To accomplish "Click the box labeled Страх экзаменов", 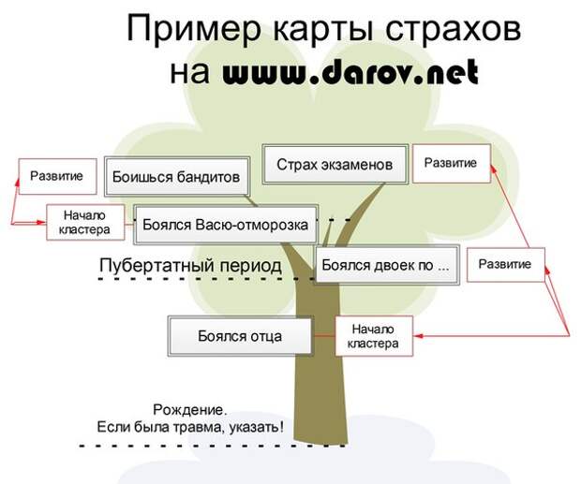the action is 335,164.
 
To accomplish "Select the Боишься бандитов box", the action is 177,177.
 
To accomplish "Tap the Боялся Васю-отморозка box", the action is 226,225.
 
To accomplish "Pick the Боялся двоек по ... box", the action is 387,265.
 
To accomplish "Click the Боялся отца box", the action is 240,336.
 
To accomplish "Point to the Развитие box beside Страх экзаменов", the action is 452,163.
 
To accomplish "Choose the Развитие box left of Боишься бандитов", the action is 57,177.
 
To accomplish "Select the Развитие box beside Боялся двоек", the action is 506,265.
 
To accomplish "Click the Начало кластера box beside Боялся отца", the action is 374,336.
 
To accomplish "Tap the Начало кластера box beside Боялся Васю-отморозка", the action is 85,223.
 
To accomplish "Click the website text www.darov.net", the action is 350,72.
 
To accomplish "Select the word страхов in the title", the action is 453,29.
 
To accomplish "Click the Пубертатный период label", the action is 190,265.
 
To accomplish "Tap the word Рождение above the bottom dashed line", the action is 189,410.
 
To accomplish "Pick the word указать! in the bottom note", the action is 257,428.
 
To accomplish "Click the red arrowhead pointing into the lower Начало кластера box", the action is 418,336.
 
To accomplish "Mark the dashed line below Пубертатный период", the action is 207,278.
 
